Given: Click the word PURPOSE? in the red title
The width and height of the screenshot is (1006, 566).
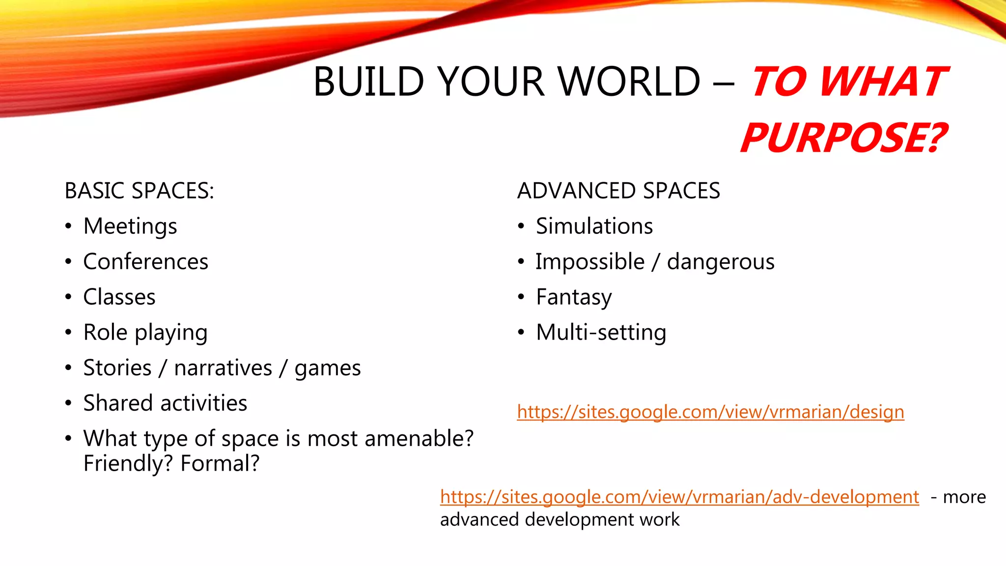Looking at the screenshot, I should click(x=843, y=138).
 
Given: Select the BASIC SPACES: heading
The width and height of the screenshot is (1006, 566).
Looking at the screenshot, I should click(x=139, y=191).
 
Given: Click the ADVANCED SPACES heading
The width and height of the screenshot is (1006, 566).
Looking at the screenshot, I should click(x=618, y=191).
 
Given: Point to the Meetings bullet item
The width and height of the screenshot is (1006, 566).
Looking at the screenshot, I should click(x=130, y=226).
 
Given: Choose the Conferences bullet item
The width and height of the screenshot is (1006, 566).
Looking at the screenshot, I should click(x=145, y=262).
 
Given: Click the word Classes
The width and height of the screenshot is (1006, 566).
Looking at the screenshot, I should click(x=119, y=297).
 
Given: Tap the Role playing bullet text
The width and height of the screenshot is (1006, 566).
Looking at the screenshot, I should click(x=145, y=333).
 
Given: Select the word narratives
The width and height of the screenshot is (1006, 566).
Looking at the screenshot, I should click(x=223, y=368).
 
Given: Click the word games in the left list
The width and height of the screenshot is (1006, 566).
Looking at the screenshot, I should click(x=328, y=368).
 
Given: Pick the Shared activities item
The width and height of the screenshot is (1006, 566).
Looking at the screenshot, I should click(x=165, y=403).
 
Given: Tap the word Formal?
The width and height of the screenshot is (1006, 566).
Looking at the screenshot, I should click(x=220, y=463).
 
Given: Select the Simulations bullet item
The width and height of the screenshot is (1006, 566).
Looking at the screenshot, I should click(x=594, y=226).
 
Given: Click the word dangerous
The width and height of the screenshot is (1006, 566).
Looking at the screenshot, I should click(x=721, y=262).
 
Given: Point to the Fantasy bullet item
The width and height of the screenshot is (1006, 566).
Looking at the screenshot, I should click(x=574, y=297).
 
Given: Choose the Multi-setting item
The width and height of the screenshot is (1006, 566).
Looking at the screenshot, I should click(x=601, y=333).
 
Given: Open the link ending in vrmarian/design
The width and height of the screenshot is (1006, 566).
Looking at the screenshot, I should click(x=710, y=412).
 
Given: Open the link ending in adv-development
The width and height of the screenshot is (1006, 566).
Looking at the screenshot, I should click(x=679, y=497).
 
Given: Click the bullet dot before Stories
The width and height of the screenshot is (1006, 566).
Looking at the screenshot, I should click(x=68, y=368).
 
